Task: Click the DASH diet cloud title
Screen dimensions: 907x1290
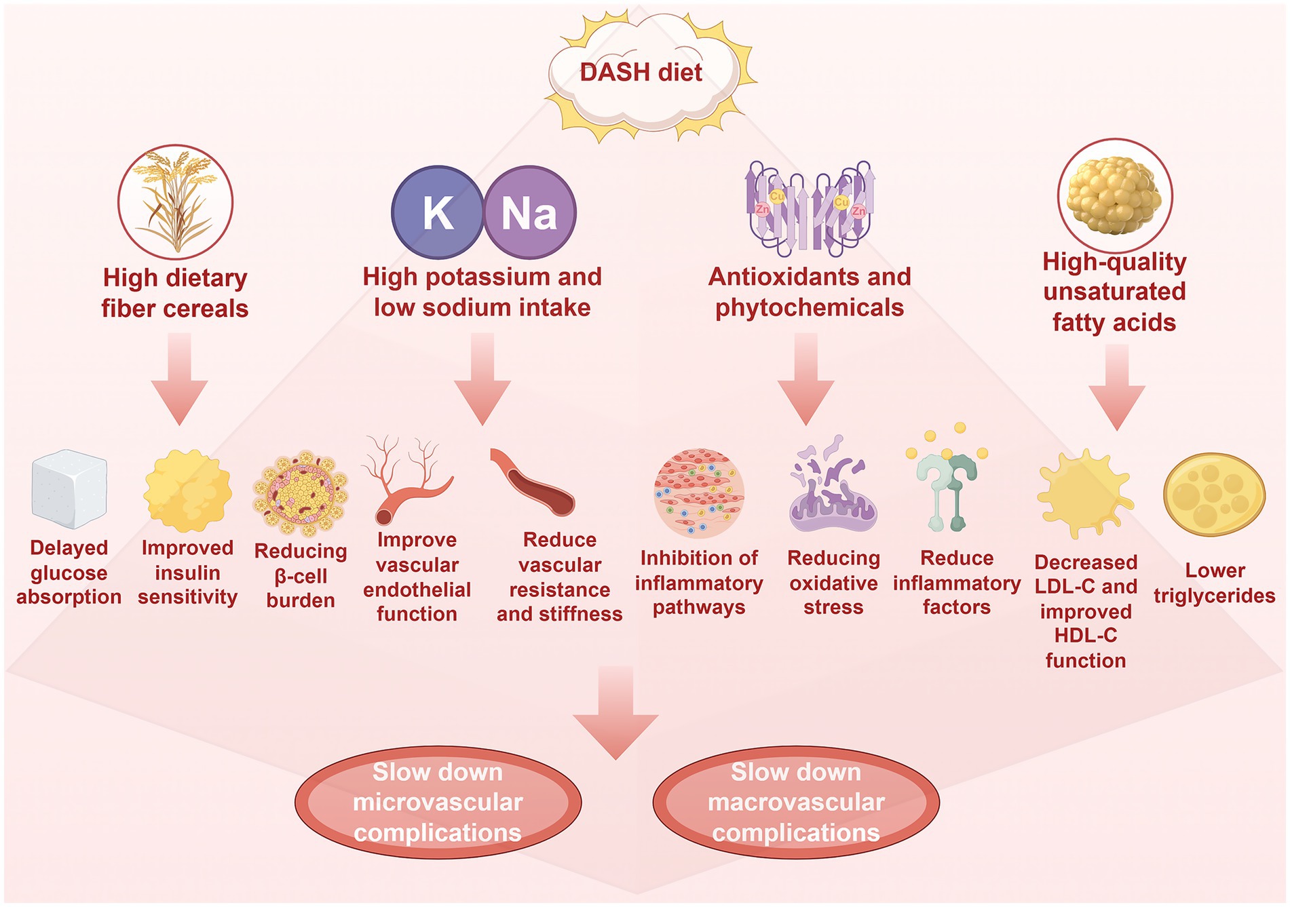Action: [641, 73]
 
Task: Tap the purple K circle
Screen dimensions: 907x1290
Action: [438, 212]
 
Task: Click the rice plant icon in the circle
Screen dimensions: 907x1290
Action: [176, 201]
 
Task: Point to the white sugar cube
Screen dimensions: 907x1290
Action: [69, 488]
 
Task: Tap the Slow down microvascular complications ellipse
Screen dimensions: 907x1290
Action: [438, 802]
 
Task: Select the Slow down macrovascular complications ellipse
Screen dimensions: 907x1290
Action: [796, 802]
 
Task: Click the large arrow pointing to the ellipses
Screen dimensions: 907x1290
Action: [615, 712]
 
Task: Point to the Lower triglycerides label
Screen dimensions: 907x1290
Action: [1214, 583]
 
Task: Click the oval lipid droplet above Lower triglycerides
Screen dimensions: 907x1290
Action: [1214, 495]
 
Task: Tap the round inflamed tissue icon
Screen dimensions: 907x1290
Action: [699, 493]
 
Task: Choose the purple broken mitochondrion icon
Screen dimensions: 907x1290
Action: [833, 487]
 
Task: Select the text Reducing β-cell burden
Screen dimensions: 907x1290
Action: [301, 575]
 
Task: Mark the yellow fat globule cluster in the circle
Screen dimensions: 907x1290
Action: [1114, 195]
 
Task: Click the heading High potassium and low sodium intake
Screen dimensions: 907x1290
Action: [482, 292]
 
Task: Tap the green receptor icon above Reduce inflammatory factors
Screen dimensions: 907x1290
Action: [947, 488]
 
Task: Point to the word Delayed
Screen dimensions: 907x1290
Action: [69, 547]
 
